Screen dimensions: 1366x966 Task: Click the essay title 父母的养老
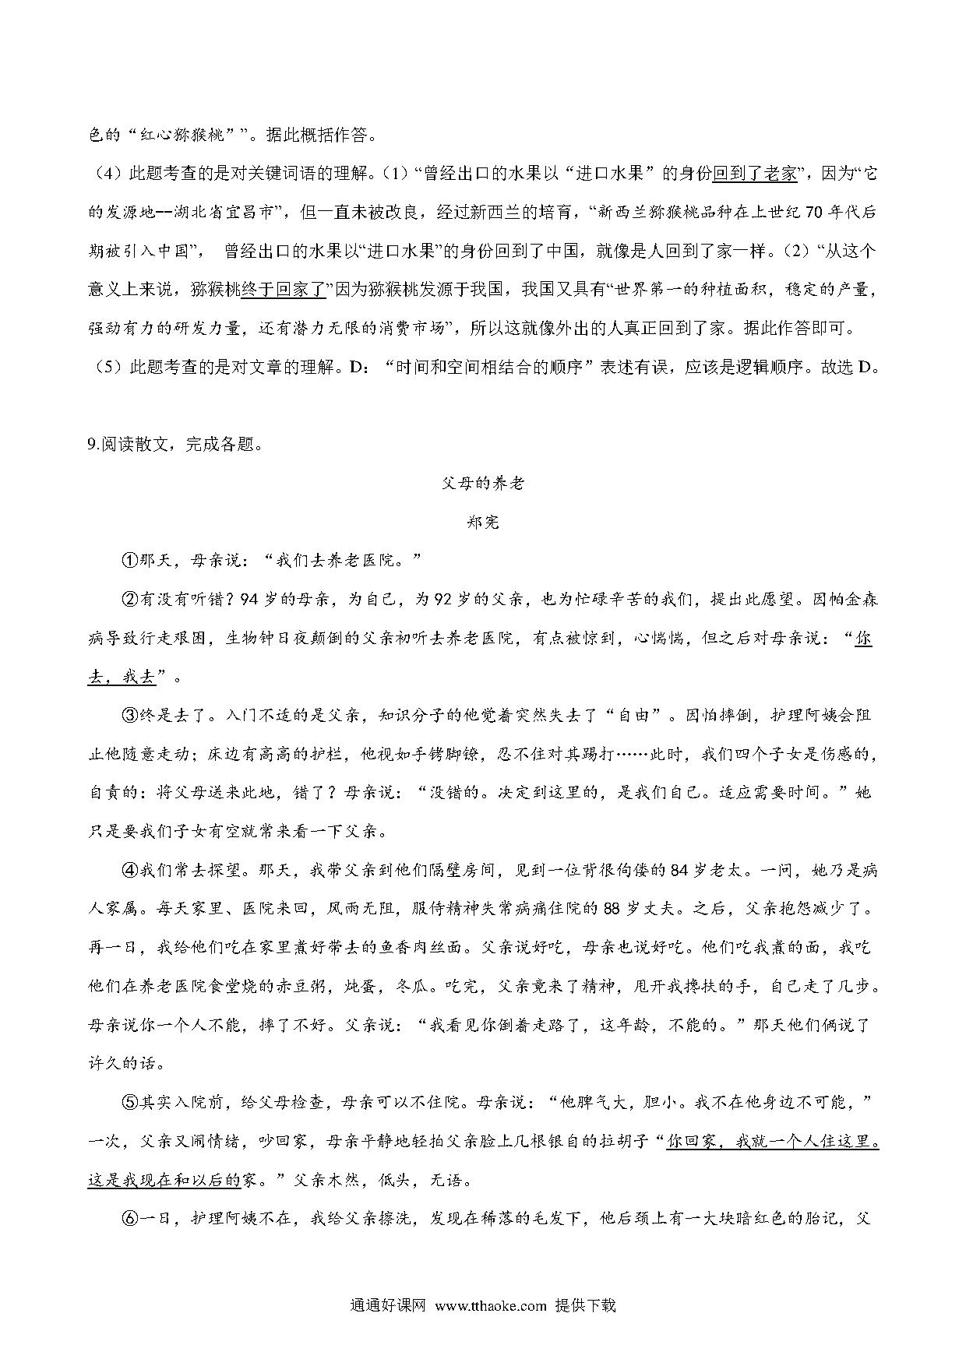[x=483, y=484]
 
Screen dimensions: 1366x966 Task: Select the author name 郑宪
[x=483, y=522]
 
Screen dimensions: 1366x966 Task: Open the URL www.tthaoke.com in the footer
[x=491, y=1306]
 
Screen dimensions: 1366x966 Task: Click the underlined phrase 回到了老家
[x=755, y=174]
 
